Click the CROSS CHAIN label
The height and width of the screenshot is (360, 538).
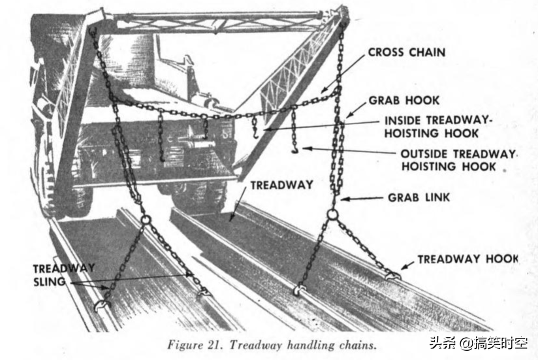point(407,52)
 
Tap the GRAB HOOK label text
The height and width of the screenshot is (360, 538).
point(404,101)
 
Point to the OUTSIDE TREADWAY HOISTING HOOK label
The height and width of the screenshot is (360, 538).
point(458,160)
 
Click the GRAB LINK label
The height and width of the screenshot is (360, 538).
point(419,198)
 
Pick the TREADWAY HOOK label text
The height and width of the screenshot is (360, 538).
point(467,259)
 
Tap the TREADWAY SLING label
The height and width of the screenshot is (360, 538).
point(64,275)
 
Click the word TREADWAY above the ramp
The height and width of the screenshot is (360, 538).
point(281,186)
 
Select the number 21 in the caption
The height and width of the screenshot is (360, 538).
point(214,344)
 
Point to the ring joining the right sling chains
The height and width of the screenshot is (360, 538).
point(332,215)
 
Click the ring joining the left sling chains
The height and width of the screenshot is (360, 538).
point(145,219)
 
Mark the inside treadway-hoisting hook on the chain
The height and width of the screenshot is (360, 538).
point(255,131)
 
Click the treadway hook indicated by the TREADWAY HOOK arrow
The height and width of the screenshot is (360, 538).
point(393,275)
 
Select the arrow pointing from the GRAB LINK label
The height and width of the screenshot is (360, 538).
point(361,199)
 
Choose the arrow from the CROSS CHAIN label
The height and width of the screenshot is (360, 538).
point(343,74)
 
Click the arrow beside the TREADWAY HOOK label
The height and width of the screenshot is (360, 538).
point(407,265)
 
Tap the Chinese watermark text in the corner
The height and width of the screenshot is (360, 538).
point(479,343)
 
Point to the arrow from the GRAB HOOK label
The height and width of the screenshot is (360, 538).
point(356,110)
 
